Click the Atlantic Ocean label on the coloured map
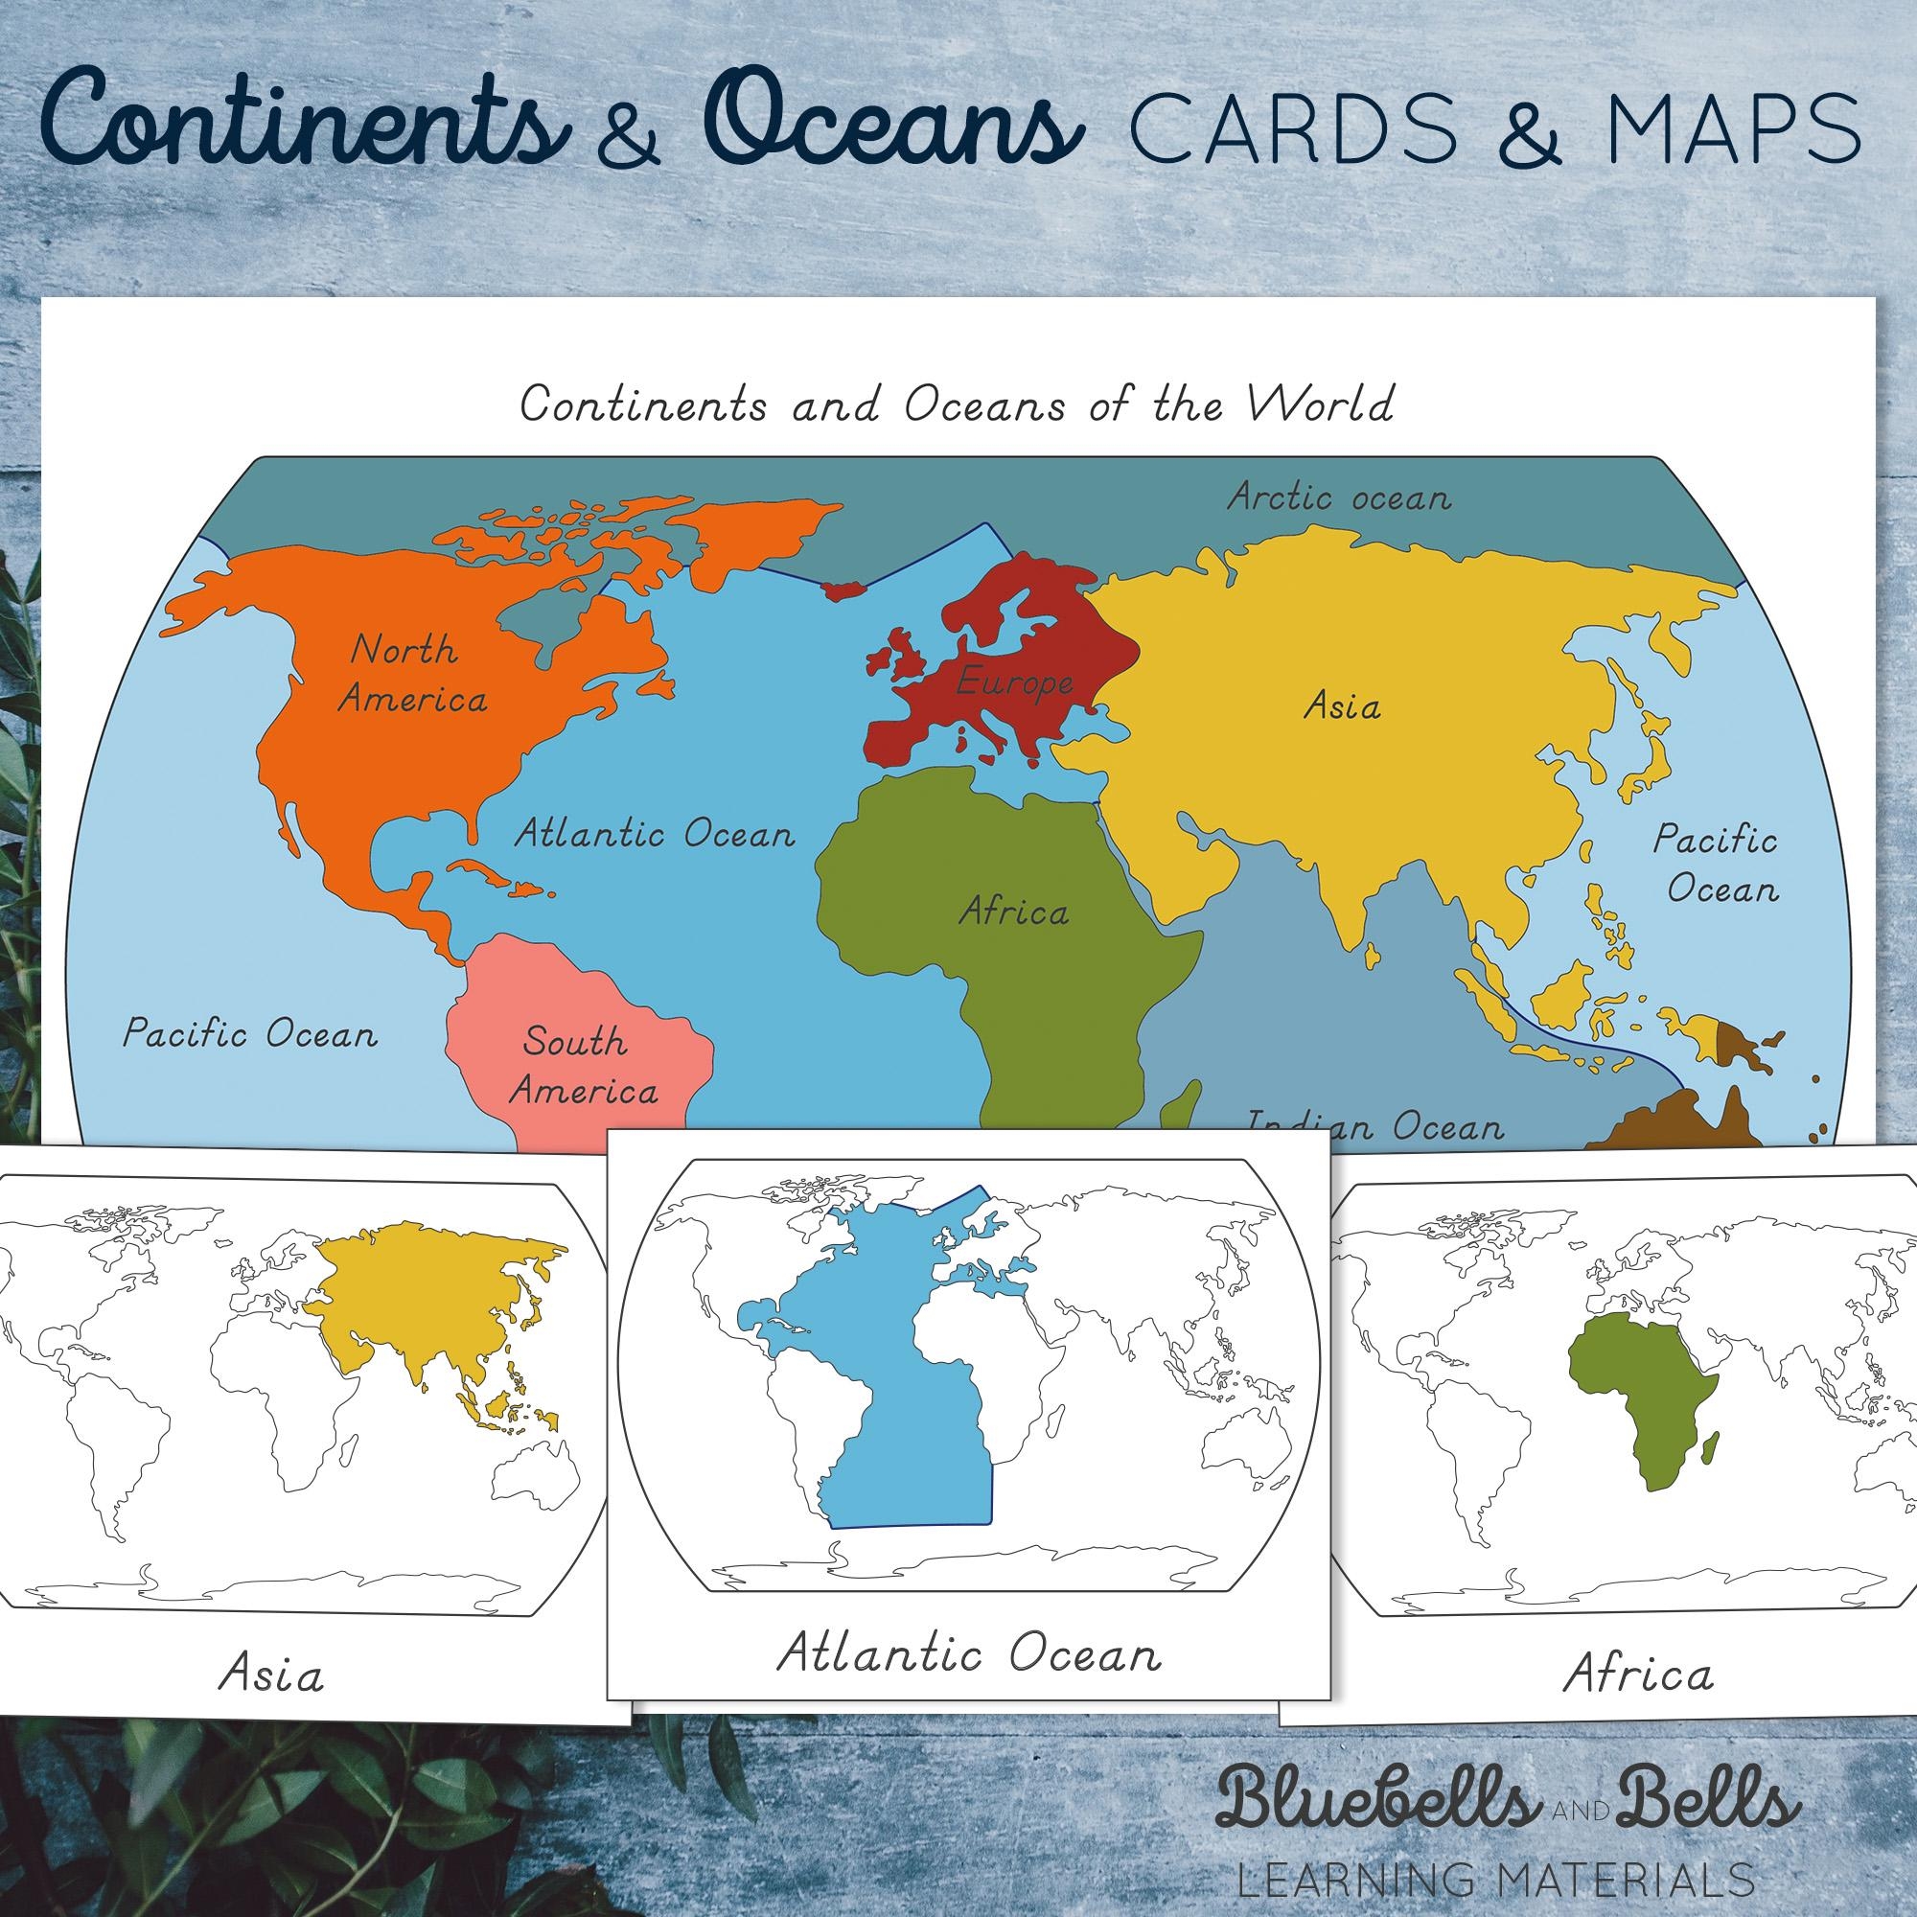click(x=655, y=833)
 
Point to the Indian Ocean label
click(x=1375, y=1126)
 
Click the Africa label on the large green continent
click(x=1013, y=911)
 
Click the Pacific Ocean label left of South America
click(x=250, y=1035)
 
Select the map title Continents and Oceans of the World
click(x=957, y=404)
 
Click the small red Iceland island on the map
click(x=843, y=589)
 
